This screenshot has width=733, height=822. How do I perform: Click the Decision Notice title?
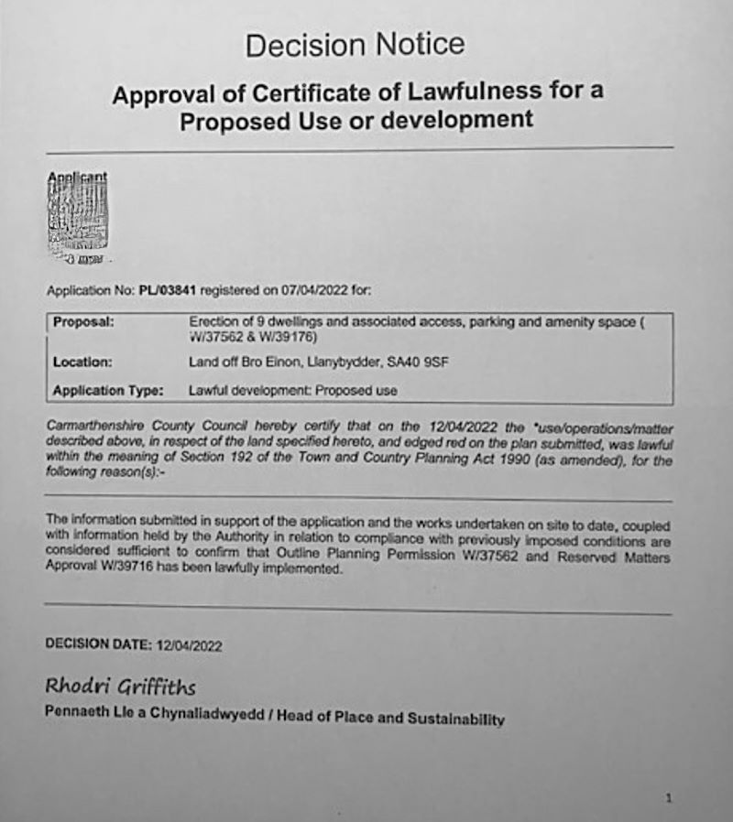tap(355, 44)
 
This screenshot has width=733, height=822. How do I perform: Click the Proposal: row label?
tap(83, 323)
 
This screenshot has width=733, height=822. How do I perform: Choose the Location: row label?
tap(82, 362)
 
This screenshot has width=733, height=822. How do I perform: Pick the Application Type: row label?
tap(108, 391)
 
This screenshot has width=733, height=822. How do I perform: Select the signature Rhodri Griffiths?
tap(119, 687)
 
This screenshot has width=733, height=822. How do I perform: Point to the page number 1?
tap(668, 799)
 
